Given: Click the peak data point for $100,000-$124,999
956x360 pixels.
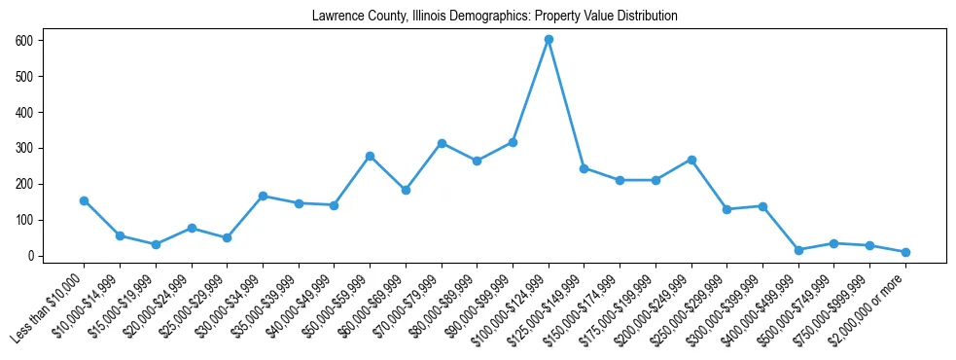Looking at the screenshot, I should [x=549, y=39].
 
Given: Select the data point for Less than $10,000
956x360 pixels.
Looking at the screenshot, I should [x=84, y=200].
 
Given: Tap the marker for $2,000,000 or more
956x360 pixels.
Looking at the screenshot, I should [x=905, y=252].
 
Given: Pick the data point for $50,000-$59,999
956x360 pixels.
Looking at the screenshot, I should [x=370, y=156].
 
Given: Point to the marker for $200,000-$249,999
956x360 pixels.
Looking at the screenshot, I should [x=691, y=160].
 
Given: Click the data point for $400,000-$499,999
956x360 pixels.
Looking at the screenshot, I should [x=798, y=250].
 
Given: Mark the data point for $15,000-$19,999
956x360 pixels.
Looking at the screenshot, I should [x=156, y=244].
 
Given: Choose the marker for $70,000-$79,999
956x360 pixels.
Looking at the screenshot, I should [x=442, y=143].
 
